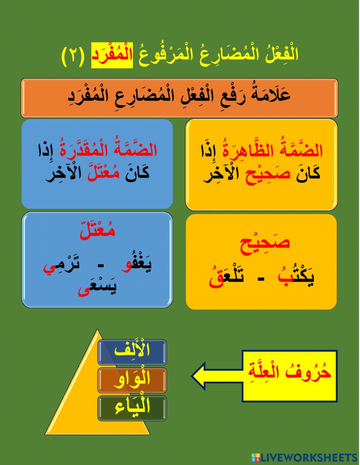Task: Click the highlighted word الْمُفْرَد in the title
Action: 112,55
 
